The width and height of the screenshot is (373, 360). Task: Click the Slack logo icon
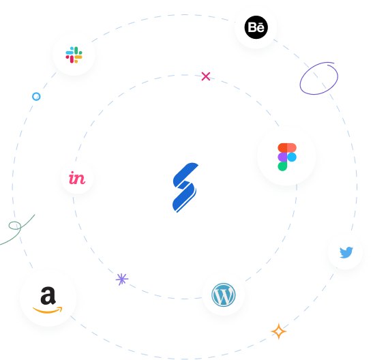click(74, 55)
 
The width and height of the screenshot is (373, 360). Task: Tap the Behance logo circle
click(256, 28)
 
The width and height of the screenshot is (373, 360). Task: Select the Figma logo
click(286, 156)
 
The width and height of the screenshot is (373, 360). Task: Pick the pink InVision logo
click(77, 179)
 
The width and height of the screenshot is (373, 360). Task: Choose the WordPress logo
click(223, 295)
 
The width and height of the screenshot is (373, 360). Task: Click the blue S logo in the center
click(185, 187)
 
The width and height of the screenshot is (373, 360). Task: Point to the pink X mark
click(206, 76)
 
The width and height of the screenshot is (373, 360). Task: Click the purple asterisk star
click(122, 278)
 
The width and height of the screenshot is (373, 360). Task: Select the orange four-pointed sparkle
click(278, 331)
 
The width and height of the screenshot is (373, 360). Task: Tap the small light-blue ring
click(36, 96)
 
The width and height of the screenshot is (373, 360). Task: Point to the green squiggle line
click(17, 228)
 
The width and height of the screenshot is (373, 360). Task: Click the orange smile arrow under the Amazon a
click(48, 310)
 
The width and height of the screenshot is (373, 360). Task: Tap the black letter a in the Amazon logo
click(47, 295)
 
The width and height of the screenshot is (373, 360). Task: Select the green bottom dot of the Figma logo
click(282, 166)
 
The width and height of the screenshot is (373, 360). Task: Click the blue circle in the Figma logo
click(291, 157)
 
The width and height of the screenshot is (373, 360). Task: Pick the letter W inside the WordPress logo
click(223, 295)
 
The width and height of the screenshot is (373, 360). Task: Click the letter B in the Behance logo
click(251, 29)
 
